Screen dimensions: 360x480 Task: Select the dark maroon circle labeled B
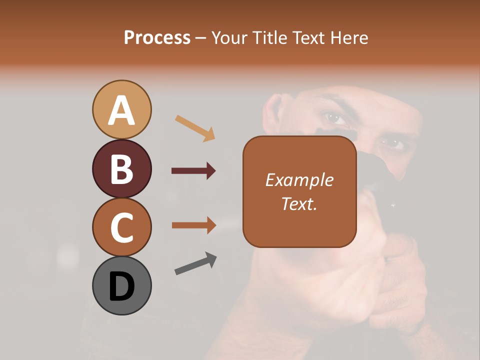121,168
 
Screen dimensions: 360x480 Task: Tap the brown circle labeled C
121,227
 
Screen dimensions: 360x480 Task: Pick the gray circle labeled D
121,285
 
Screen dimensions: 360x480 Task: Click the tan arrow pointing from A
195,128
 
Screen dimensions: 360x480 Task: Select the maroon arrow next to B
193,171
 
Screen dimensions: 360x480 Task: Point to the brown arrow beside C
193,225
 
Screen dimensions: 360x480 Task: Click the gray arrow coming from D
195,264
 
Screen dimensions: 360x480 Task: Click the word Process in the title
157,37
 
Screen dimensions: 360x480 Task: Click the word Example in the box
299,180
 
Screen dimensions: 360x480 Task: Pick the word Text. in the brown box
299,204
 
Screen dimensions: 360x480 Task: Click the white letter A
121,111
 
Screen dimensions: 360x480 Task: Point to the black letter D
121,287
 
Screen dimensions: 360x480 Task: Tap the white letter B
121,169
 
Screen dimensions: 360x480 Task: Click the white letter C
121,228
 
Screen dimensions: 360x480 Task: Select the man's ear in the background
272,110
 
